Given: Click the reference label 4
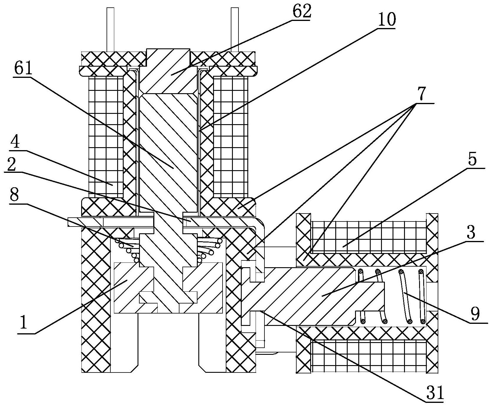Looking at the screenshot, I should [x=15, y=143].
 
